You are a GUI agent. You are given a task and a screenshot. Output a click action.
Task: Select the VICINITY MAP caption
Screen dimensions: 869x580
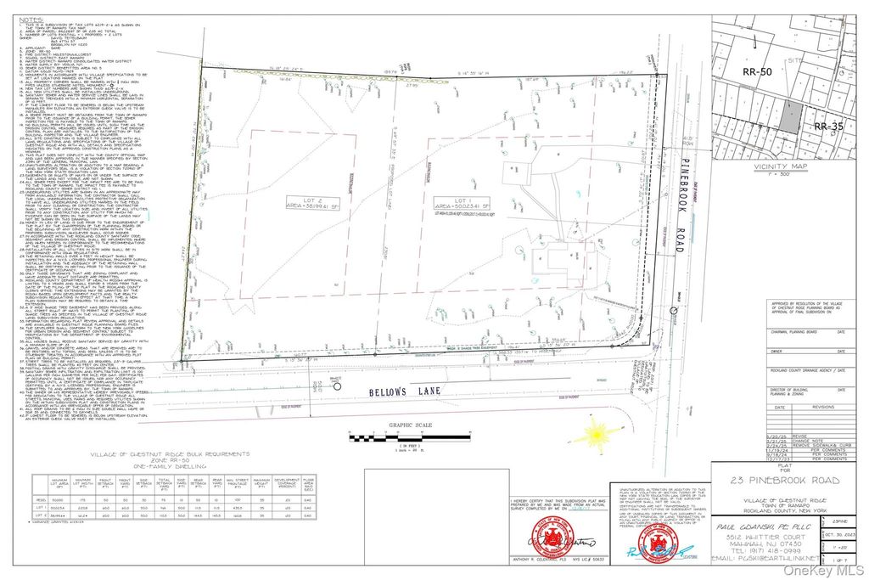click(x=790, y=168)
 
